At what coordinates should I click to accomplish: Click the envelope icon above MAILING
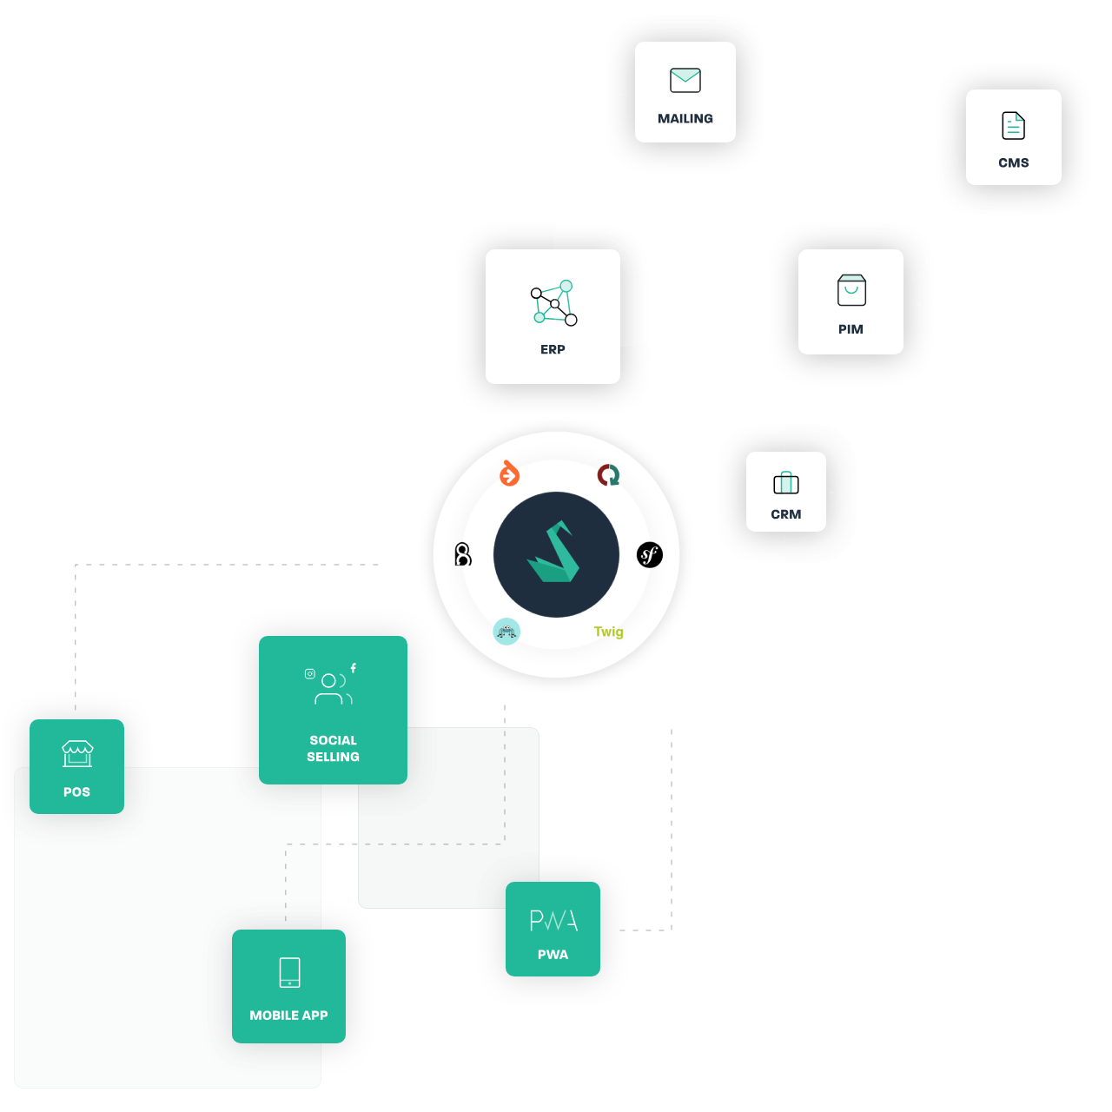pyautogui.click(x=685, y=81)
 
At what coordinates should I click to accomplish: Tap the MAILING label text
pyautogui.click(x=685, y=118)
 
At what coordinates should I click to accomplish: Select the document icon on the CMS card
pyautogui.click(x=1013, y=126)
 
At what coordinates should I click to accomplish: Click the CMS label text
pyautogui.click(x=1013, y=162)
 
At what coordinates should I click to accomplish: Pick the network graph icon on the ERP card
pyautogui.click(x=553, y=302)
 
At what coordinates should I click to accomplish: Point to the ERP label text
pyautogui.click(x=553, y=349)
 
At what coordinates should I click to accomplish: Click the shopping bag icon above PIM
pyautogui.click(x=851, y=290)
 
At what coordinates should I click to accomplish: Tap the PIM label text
pyautogui.click(x=851, y=329)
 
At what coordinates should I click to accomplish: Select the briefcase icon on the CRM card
pyautogui.click(x=786, y=482)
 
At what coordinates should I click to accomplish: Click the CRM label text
pyautogui.click(x=786, y=514)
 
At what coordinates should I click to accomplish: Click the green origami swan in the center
pyautogui.click(x=554, y=554)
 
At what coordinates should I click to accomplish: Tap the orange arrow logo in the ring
pyautogui.click(x=509, y=474)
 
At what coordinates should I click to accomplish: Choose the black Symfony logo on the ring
pyautogui.click(x=650, y=554)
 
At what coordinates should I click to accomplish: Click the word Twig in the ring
pyautogui.click(x=608, y=632)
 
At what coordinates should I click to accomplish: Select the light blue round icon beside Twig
pyautogui.click(x=506, y=631)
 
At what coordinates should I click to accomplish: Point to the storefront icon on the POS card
pyautogui.click(x=77, y=753)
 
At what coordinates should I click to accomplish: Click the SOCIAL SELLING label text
pyautogui.click(x=333, y=748)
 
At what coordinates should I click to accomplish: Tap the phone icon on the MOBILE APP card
pyautogui.click(x=289, y=972)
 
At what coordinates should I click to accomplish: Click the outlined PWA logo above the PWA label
pyautogui.click(x=553, y=920)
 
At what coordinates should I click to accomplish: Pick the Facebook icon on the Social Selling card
pyautogui.click(x=353, y=668)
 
